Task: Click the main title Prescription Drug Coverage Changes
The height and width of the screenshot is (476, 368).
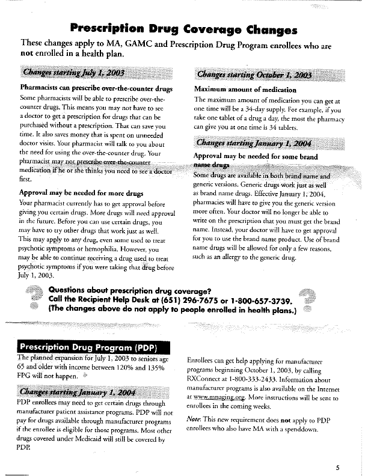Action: click(183, 28)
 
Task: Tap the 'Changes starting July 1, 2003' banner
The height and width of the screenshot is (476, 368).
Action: click(73, 74)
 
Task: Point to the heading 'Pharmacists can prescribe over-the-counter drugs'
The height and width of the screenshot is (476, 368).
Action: click(96, 88)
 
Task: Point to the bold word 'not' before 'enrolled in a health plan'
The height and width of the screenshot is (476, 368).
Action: click(28, 53)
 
